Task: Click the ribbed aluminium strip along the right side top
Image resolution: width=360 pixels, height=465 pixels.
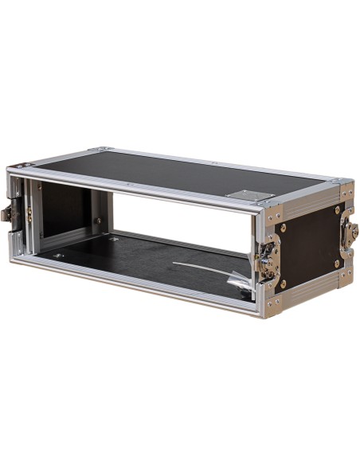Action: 307,205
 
